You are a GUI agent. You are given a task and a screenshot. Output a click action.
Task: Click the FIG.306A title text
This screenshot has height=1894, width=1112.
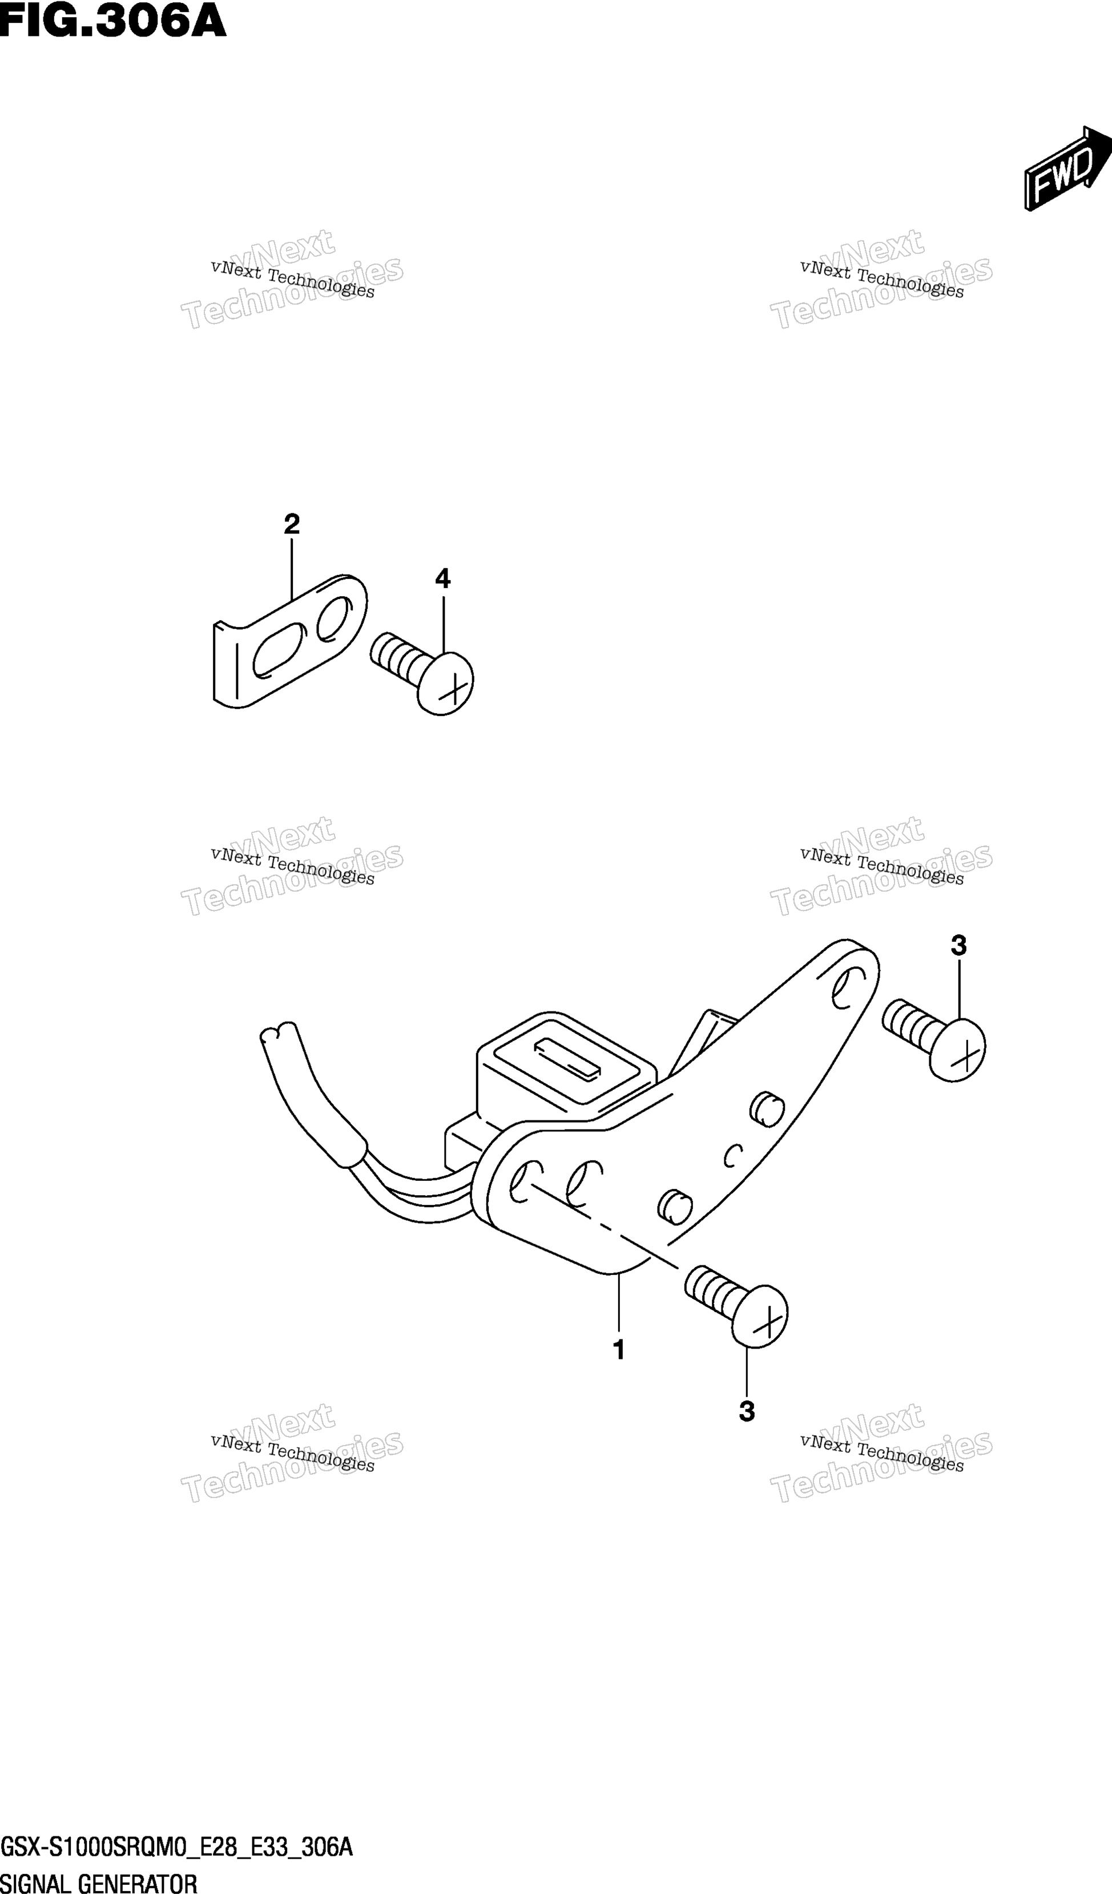[113, 21]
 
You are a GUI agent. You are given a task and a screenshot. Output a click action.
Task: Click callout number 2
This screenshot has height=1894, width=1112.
[292, 524]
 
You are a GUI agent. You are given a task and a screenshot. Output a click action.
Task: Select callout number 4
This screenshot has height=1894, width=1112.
[443, 578]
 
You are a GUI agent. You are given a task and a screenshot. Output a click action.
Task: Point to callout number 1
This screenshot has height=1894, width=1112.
[619, 1350]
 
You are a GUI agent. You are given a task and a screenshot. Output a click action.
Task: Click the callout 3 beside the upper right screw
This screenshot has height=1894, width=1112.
[958, 945]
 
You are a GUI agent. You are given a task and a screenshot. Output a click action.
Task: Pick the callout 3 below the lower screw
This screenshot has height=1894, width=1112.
[747, 1411]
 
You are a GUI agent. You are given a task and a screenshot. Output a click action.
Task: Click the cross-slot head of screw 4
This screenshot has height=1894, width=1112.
[445, 683]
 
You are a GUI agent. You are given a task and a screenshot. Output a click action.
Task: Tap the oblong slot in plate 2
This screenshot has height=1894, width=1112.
[278, 649]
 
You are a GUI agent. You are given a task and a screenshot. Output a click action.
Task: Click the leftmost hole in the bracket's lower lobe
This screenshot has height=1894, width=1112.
[525, 1181]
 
